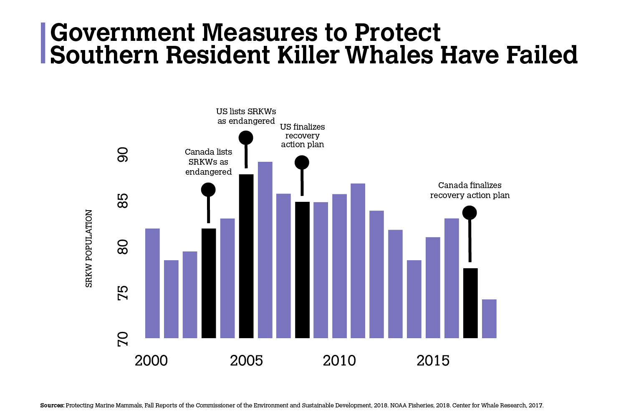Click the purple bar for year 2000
click(152, 283)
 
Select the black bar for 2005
click(246, 256)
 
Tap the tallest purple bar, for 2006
click(265, 250)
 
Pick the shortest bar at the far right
click(489, 319)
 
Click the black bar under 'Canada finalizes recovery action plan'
click(470, 303)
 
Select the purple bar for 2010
click(340, 266)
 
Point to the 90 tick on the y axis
click(123, 155)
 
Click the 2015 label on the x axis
click(433, 361)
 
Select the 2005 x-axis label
click(246, 361)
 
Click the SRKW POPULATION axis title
click(88, 248)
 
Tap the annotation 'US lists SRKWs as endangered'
click(246, 116)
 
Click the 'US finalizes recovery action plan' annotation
click(303, 136)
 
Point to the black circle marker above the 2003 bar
click(209, 190)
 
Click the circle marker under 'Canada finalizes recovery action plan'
click(469, 213)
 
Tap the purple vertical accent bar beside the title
click(43, 43)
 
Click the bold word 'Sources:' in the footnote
click(52, 405)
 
